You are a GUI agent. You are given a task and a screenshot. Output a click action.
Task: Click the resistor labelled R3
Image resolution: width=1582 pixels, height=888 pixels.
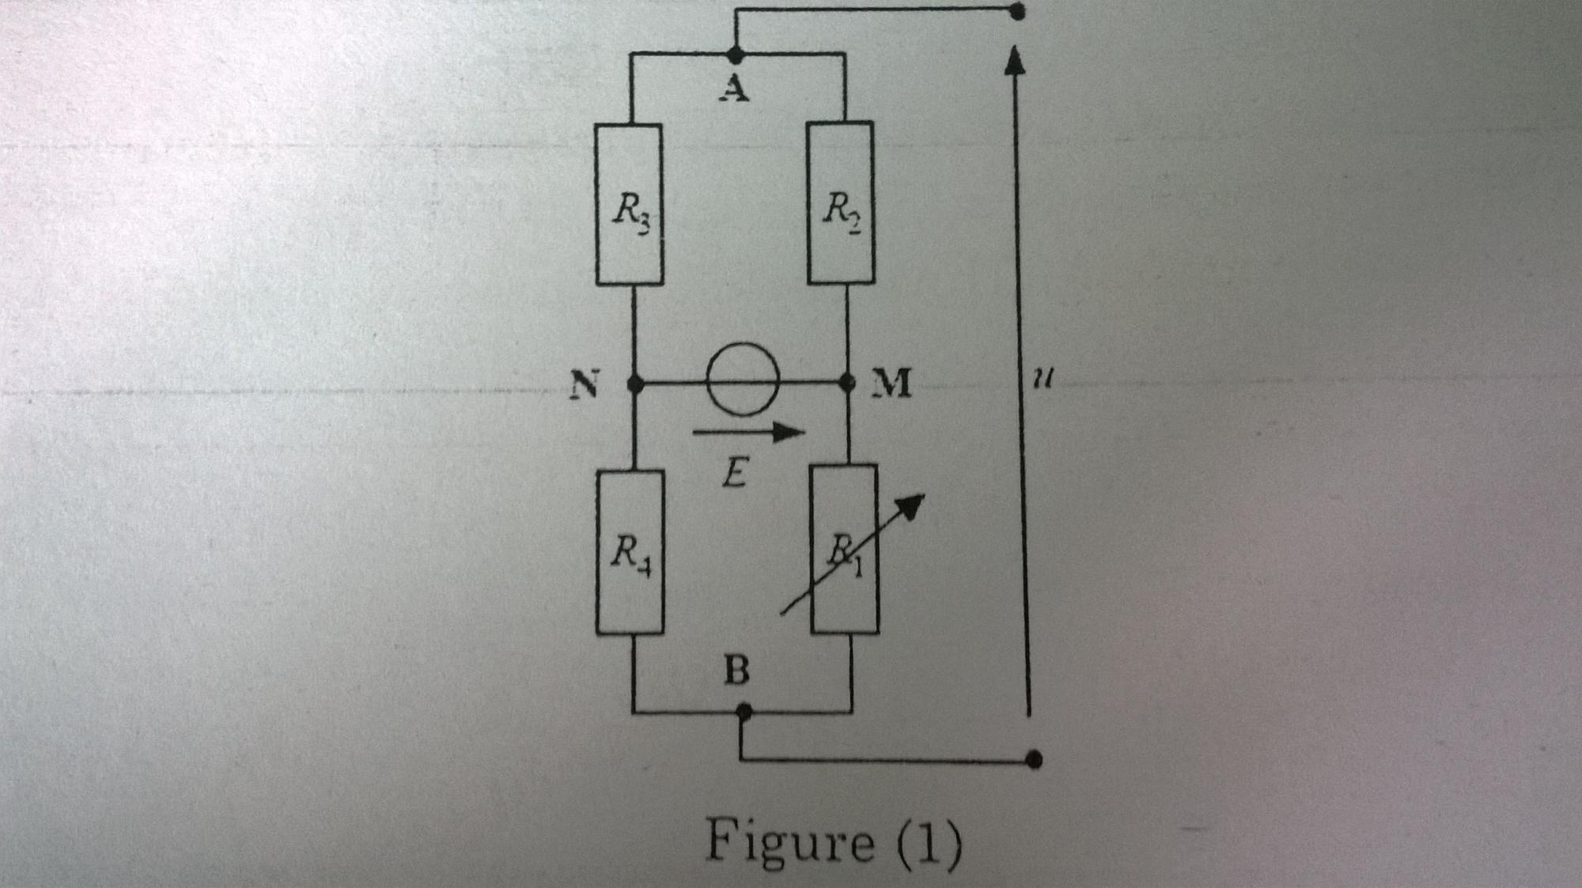[629, 204]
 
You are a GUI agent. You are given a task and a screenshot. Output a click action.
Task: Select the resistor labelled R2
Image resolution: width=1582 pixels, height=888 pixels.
[840, 202]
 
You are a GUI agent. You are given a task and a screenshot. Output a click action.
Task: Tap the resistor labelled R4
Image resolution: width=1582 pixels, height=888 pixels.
[630, 552]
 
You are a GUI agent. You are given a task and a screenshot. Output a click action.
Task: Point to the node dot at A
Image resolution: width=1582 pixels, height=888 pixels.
[735, 55]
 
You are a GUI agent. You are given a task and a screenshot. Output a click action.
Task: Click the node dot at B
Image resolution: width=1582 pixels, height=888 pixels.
[743, 712]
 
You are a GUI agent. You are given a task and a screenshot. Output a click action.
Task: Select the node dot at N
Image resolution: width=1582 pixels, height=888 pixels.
[634, 384]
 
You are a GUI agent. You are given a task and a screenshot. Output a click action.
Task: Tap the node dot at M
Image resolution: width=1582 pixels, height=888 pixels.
[847, 383]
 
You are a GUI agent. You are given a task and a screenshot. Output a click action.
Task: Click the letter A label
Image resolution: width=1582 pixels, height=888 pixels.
[734, 90]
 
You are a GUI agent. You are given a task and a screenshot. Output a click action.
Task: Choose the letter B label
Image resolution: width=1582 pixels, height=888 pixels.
[736, 671]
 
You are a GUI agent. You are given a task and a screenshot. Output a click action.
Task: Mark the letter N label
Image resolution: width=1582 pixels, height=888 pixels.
[585, 385]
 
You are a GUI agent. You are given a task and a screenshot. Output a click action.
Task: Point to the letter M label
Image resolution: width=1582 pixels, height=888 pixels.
[891, 384]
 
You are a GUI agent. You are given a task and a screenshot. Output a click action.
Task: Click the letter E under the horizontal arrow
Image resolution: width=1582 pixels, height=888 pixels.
[733, 474]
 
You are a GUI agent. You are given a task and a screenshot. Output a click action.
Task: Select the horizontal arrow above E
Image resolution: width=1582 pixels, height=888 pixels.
[747, 432]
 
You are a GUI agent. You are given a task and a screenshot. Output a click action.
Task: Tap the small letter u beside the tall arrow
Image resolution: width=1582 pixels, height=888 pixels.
[1043, 380]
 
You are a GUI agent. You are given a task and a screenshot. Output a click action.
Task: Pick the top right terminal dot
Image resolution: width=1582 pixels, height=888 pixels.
[1017, 11]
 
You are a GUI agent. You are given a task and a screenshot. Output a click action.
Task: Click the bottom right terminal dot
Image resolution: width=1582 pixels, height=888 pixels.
[1033, 760]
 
